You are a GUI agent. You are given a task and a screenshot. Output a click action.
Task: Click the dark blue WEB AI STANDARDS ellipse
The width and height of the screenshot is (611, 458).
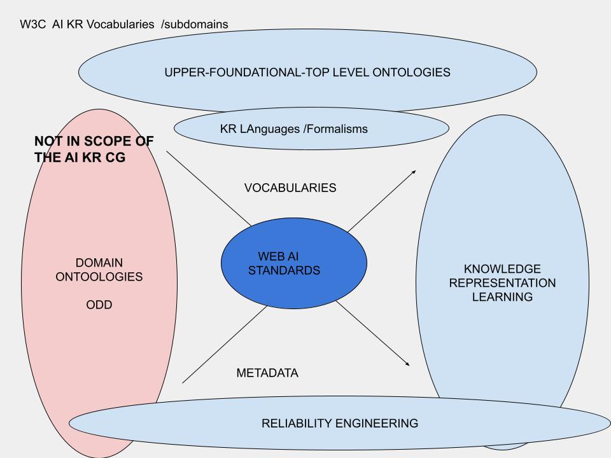point(293,263)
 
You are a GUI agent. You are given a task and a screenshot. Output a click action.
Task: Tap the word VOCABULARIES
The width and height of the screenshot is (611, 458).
point(290,188)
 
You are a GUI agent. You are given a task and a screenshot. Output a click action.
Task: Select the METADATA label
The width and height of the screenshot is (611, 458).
point(267,373)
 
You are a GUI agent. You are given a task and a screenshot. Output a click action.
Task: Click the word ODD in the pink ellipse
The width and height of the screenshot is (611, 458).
point(99,305)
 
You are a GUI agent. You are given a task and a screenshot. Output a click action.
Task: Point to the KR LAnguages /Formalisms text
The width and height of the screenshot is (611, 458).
point(293,129)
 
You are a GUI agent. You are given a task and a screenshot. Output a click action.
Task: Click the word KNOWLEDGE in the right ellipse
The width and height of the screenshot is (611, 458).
point(502,269)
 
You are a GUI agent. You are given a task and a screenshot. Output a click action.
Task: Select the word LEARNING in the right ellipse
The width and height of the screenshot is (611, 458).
point(502,297)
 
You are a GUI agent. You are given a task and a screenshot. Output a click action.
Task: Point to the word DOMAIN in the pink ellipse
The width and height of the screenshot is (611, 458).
point(99,263)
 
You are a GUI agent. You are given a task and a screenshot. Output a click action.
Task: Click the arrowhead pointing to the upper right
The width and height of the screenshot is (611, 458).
point(414,172)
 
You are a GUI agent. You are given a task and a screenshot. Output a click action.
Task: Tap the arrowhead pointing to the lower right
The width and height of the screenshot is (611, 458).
point(407,364)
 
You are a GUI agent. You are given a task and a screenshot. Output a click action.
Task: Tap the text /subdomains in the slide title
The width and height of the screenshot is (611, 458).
point(195,24)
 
